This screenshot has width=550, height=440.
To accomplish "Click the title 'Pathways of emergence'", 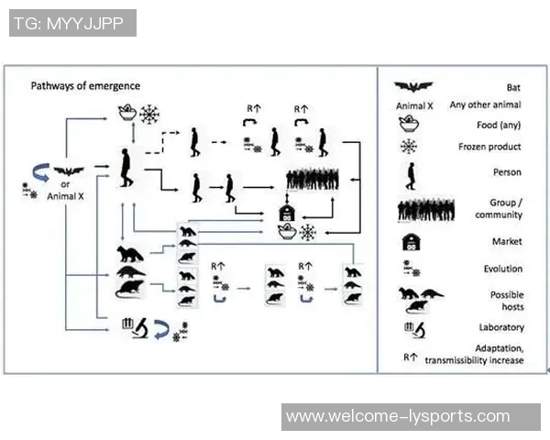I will (85, 86).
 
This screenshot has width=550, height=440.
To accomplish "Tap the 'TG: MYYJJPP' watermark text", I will (72, 24).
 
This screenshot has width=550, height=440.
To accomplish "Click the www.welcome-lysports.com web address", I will (398, 416).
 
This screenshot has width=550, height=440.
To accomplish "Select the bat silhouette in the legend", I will (413, 86).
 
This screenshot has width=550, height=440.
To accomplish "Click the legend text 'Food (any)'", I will (500, 125).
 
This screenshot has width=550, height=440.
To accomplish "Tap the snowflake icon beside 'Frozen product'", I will (409, 146).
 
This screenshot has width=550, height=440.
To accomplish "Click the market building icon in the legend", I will (411, 242).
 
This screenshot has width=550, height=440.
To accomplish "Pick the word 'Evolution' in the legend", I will (503, 269).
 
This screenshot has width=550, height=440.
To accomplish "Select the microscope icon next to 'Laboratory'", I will (412, 327).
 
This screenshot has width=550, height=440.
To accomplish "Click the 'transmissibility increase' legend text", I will (474, 360).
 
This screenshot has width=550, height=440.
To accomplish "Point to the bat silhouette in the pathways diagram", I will (69, 171).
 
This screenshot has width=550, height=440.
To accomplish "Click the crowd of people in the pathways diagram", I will (318, 180).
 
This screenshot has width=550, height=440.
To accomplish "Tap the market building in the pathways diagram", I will (287, 214).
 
